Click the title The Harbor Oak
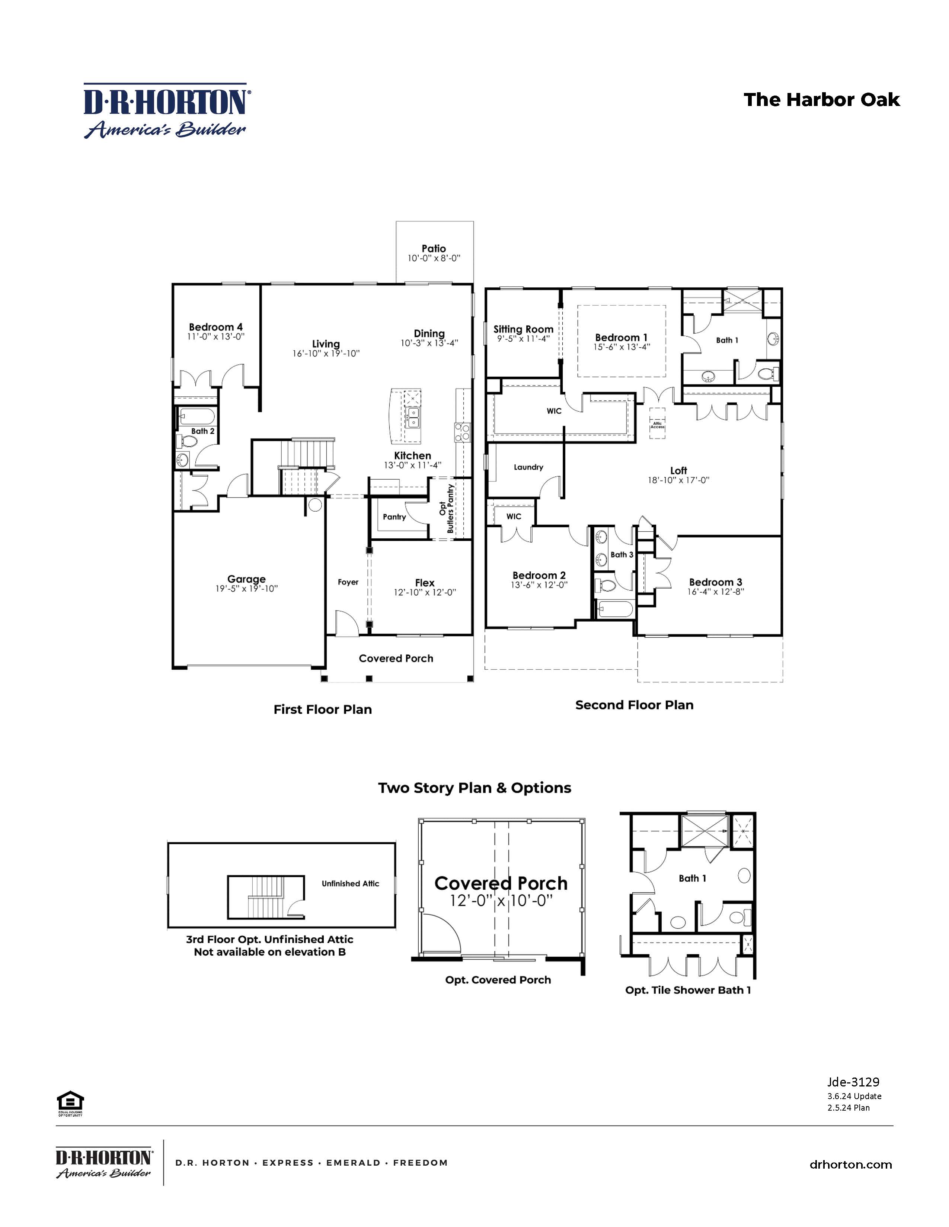tap(821, 100)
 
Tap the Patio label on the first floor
tap(434, 248)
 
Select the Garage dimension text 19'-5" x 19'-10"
tap(246, 589)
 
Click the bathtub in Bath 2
tap(196, 416)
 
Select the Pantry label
tap(394, 517)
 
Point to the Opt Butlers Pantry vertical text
tap(446, 508)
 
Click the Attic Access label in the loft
tap(657, 425)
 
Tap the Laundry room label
tap(528, 467)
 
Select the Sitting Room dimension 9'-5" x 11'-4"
tap(523, 339)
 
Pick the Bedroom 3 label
tap(715, 582)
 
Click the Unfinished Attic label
tap(350, 883)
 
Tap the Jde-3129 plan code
tap(853, 1082)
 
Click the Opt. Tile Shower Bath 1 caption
tap(688, 990)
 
